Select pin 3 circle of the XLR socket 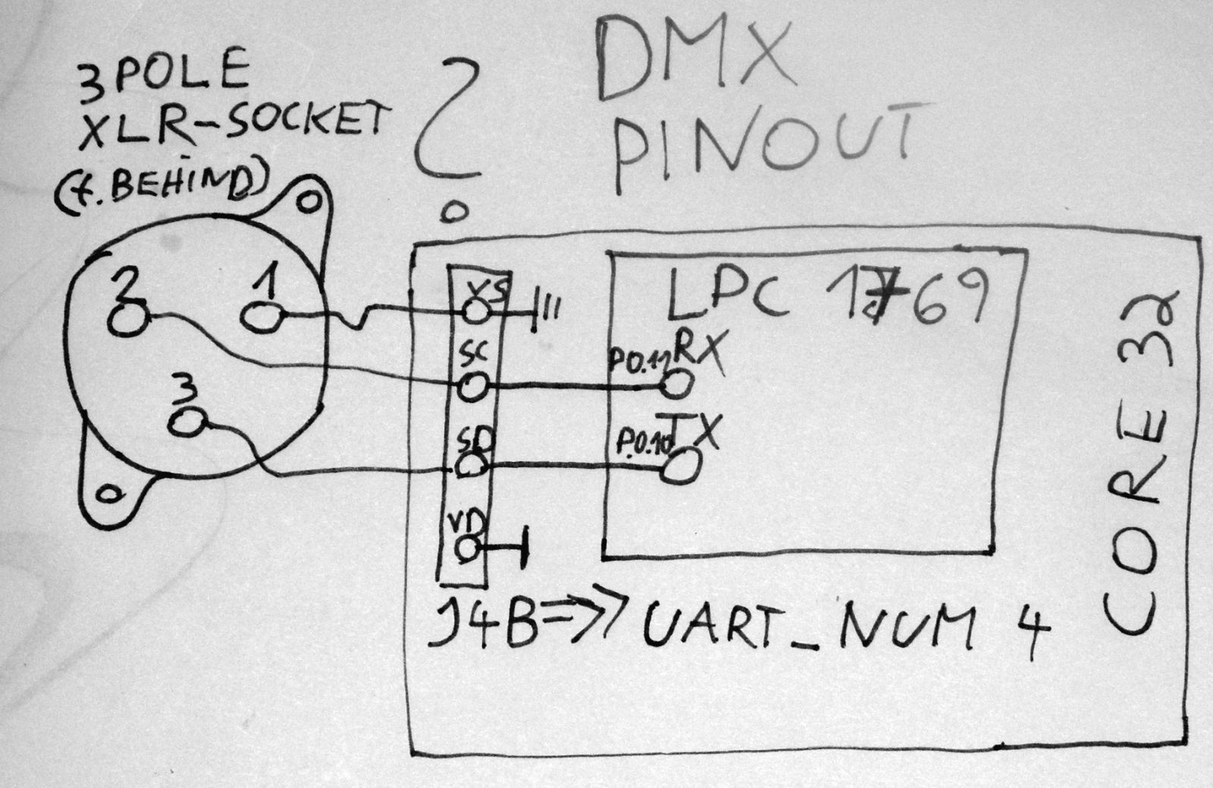(187, 422)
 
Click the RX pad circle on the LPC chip (675, 385)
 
